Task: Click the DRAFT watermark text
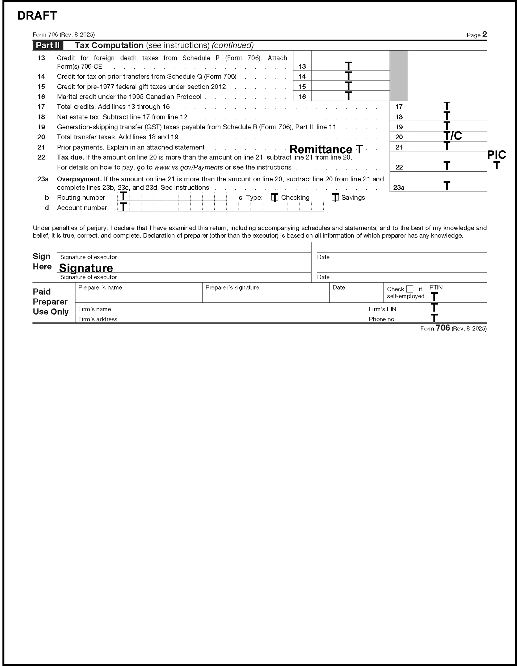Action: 37,16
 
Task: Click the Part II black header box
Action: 48,45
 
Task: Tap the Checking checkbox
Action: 274,197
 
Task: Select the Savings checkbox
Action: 335,197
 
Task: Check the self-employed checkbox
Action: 410,289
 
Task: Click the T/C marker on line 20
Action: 453,136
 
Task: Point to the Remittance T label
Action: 326,149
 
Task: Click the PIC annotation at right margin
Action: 496,155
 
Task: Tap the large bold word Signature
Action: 86,268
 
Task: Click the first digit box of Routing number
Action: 124,197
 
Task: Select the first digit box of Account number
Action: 124,207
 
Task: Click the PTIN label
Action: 436,287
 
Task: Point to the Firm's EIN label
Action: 382,309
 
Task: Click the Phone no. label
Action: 382,319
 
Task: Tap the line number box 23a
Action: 398,187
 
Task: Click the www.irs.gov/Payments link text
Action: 188,167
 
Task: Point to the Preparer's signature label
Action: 232,288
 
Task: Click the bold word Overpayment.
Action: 79,179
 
